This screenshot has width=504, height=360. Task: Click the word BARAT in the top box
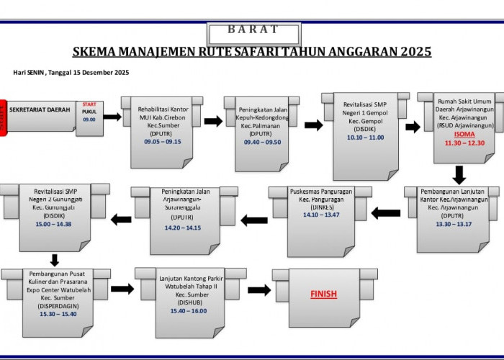[x=253, y=30]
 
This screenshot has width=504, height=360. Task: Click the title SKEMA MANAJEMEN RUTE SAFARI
[x=252, y=52]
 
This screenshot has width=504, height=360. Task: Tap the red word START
[x=89, y=105]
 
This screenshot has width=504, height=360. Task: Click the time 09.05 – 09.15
[x=162, y=142]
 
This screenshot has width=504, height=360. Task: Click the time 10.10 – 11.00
[x=365, y=137]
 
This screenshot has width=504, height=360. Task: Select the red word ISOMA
[x=465, y=135]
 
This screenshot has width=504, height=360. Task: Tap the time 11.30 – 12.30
[x=465, y=143]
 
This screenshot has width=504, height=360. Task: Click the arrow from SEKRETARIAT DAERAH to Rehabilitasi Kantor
[x=112, y=117]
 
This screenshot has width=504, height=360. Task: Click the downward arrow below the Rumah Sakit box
[x=459, y=174]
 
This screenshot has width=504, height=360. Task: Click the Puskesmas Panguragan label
[x=320, y=192]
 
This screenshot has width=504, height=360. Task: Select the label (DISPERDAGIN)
[x=55, y=305]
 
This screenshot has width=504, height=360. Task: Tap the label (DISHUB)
[x=190, y=303]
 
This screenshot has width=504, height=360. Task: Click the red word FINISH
[x=323, y=294]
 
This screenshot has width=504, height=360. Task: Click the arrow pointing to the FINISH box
[x=259, y=289]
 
